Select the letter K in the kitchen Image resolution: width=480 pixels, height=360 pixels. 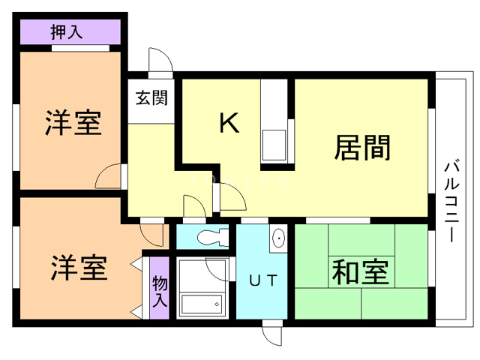229,122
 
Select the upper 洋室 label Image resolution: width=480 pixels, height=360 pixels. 72,123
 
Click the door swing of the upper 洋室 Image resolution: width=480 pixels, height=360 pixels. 109,177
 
